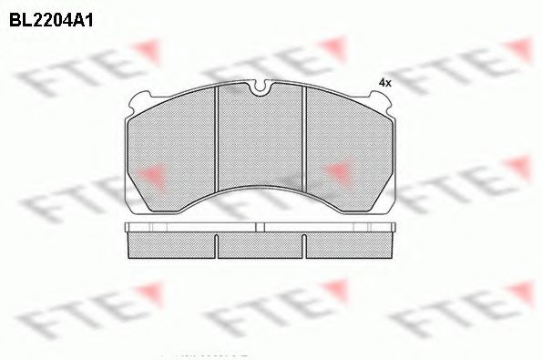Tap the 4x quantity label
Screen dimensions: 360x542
tap(384, 83)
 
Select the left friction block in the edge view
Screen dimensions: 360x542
tap(171, 244)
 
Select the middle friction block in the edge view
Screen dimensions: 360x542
tap(261, 244)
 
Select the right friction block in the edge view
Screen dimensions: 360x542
tap(351, 244)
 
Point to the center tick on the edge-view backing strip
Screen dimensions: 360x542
tap(261, 226)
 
